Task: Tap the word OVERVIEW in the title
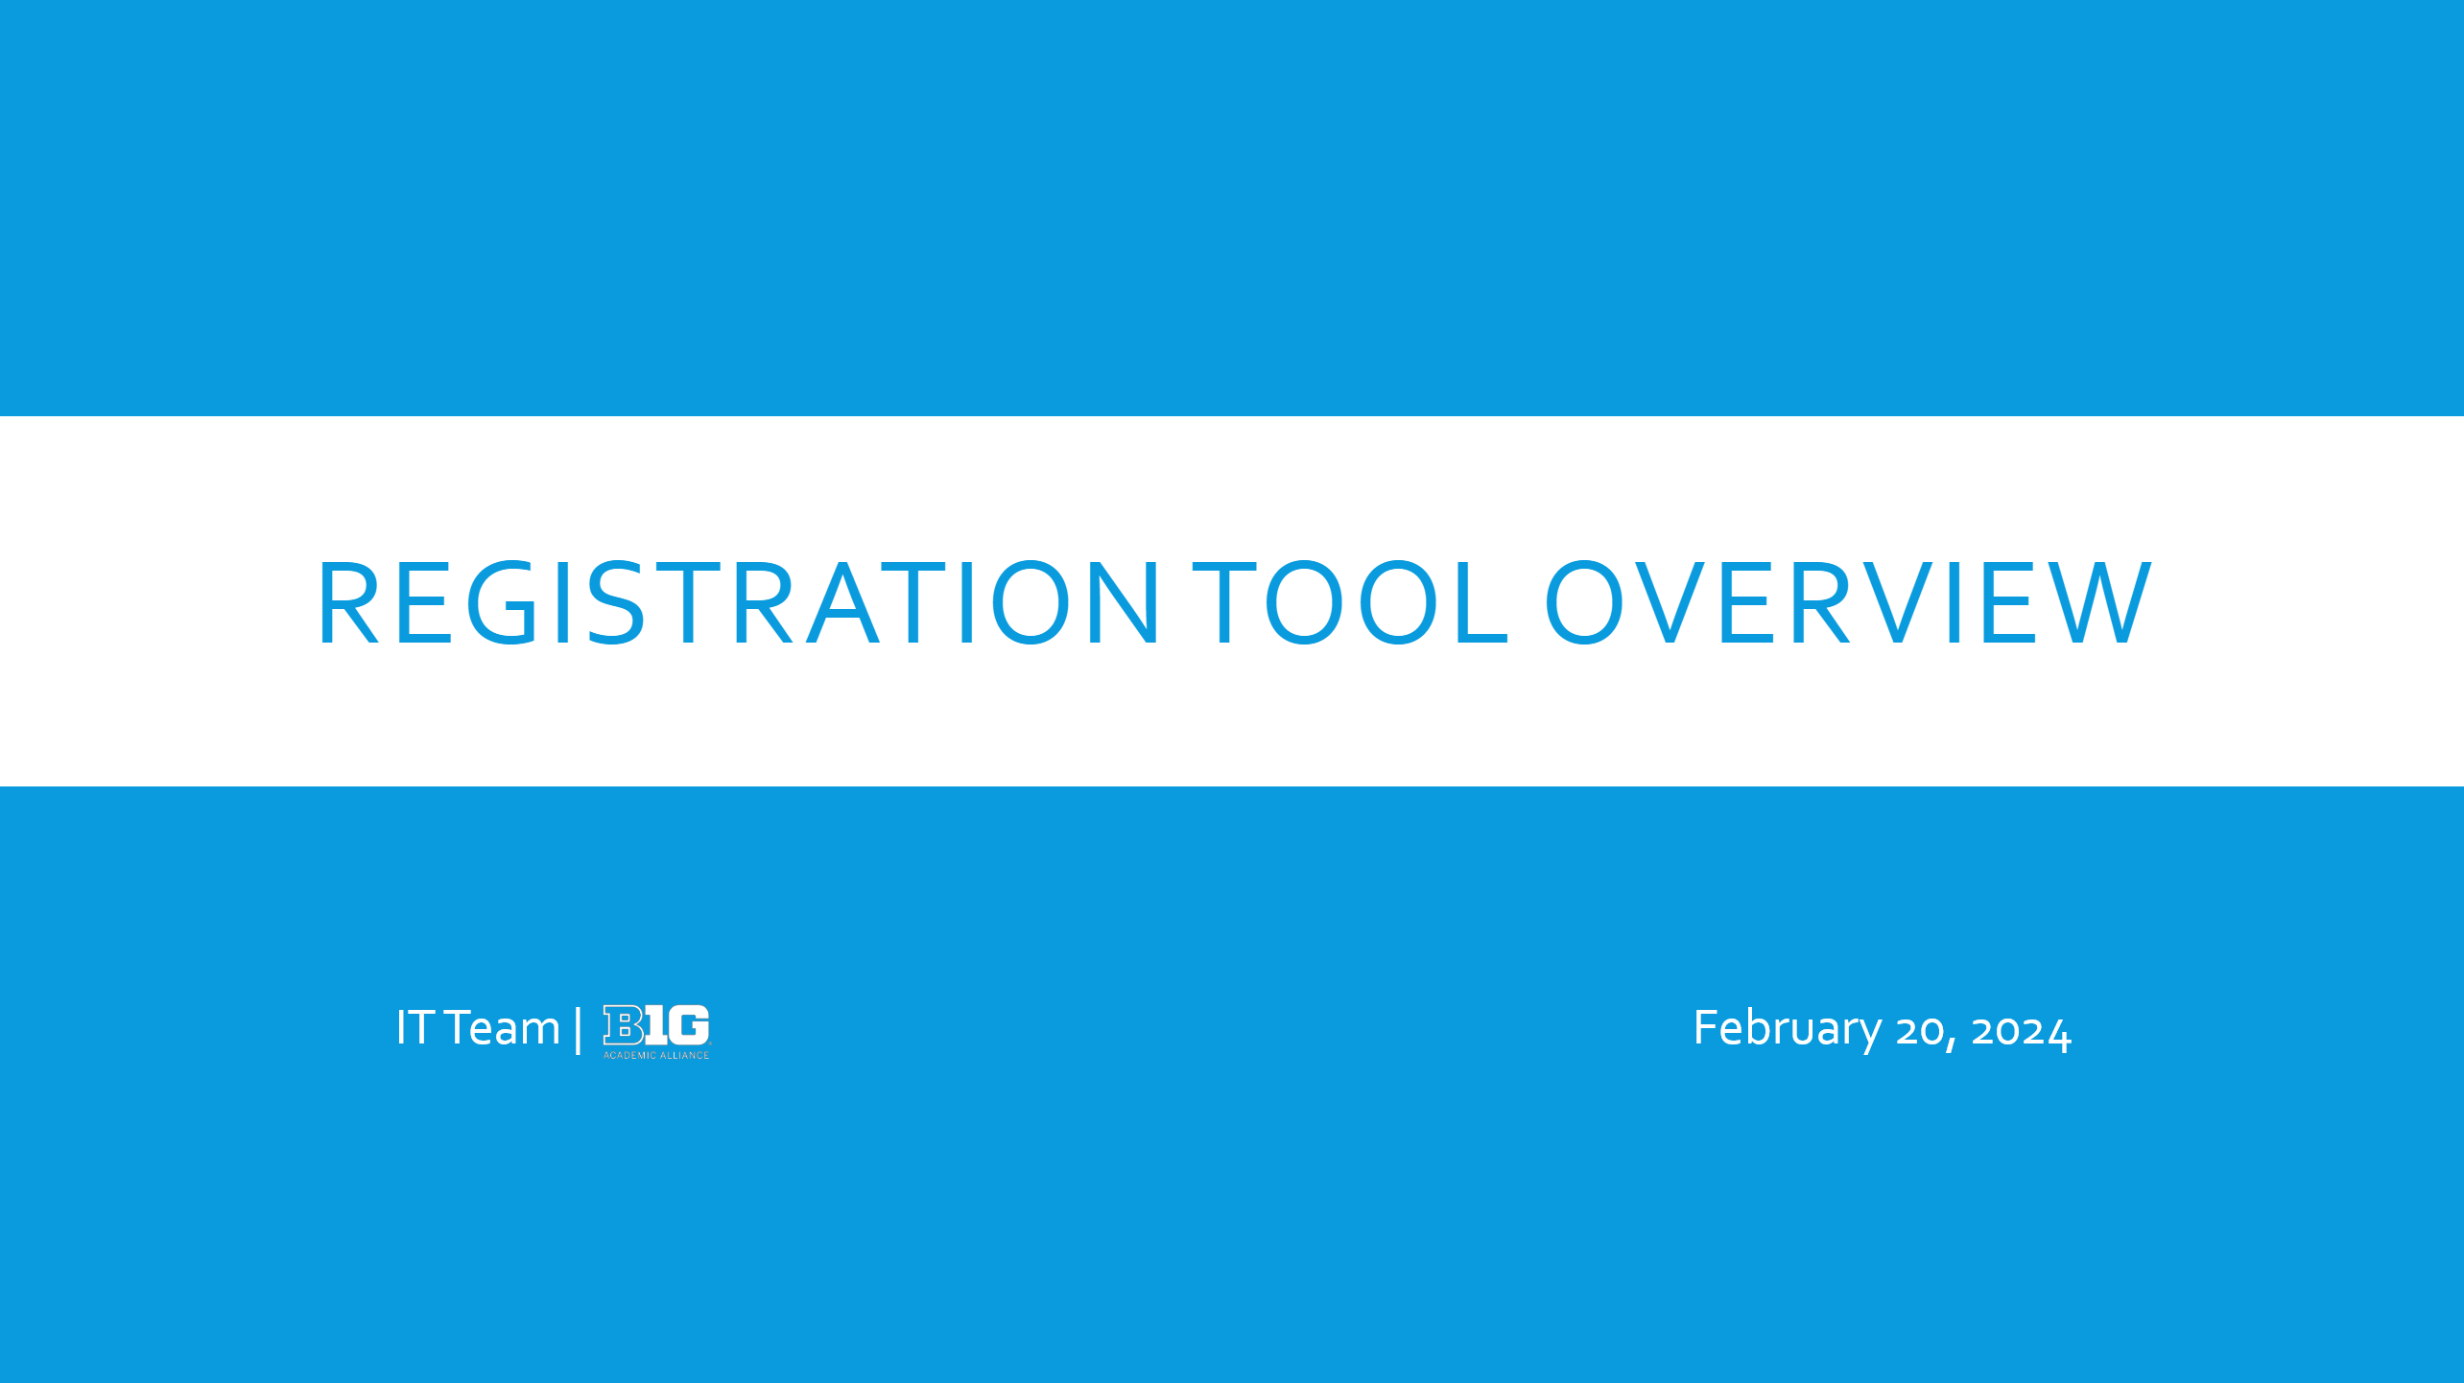[x=1848, y=602]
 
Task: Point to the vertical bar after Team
[x=578, y=1029]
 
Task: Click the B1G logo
[x=656, y=1032]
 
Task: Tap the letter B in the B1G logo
[x=623, y=1024]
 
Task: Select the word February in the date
[x=1788, y=1029]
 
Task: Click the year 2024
[x=2022, y=1031]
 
